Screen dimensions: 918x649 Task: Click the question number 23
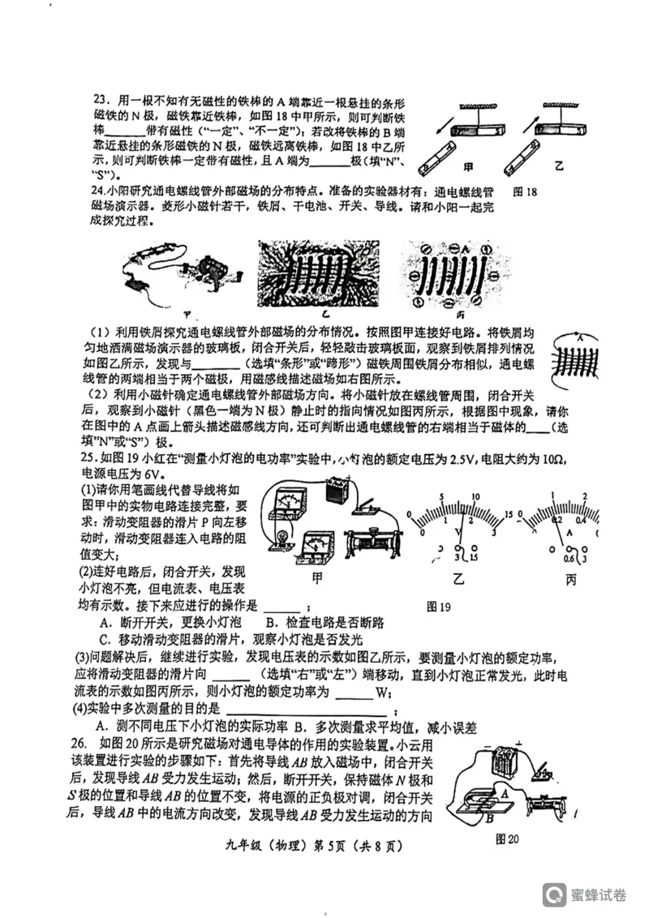click(x=101, y=100)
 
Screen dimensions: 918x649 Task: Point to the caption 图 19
click(x=438, y=606)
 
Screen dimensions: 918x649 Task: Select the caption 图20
click(x=507, y=839)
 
